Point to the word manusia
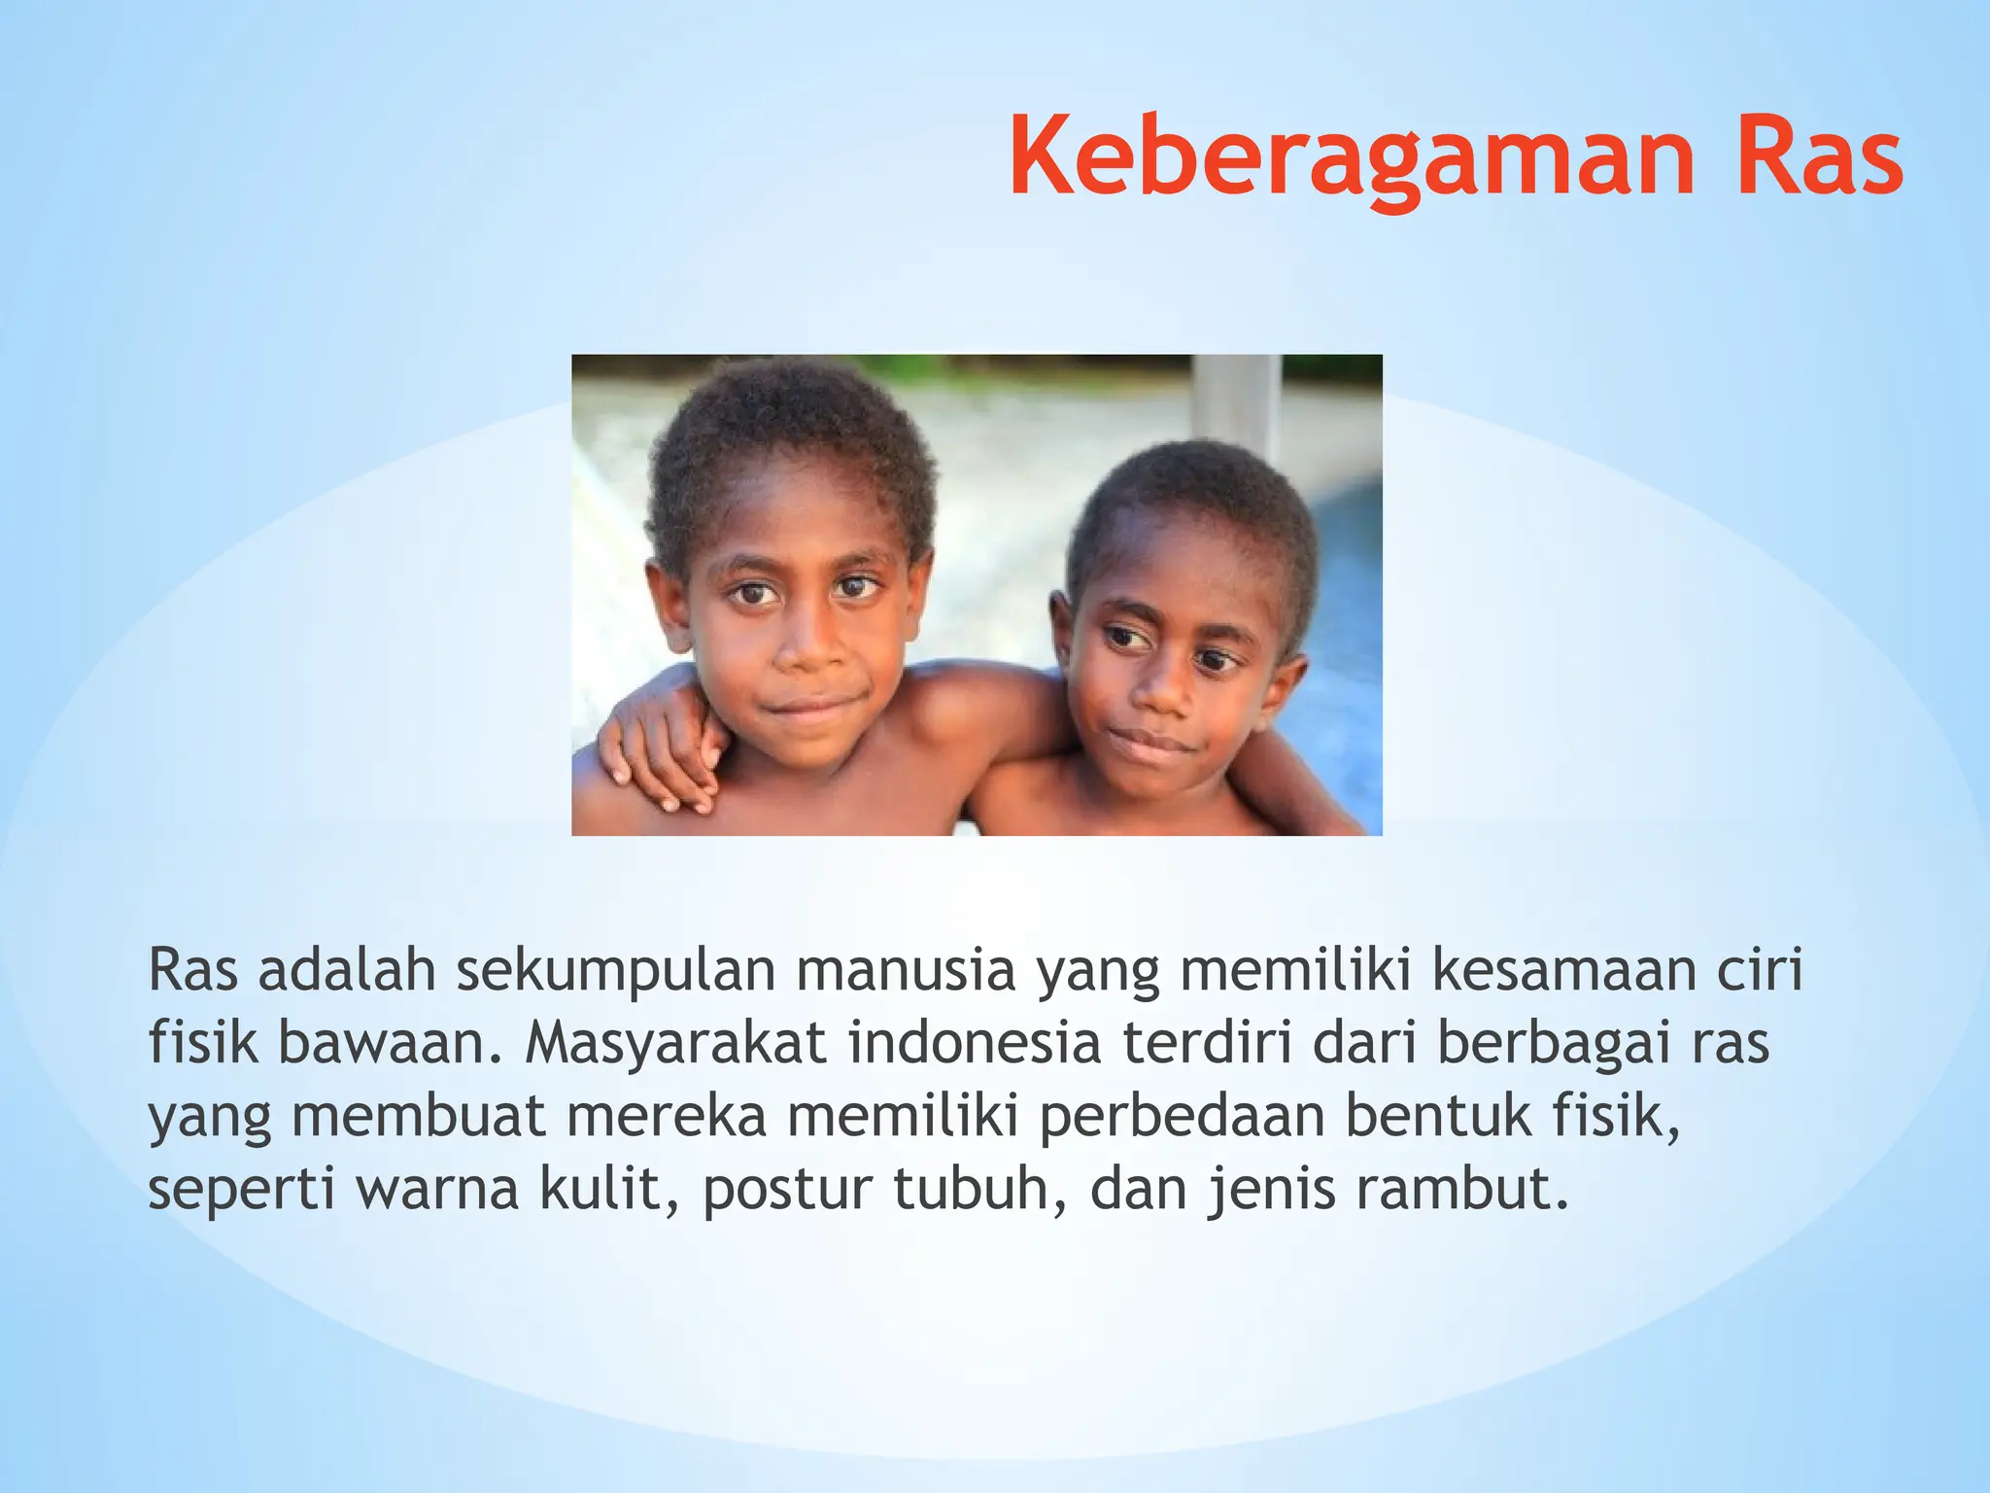pyautogui.click(x=906, y=970)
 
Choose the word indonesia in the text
pyautogui.click(x=975, y=1043)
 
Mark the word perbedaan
pyautogui.click(x=1182, y=1117)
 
